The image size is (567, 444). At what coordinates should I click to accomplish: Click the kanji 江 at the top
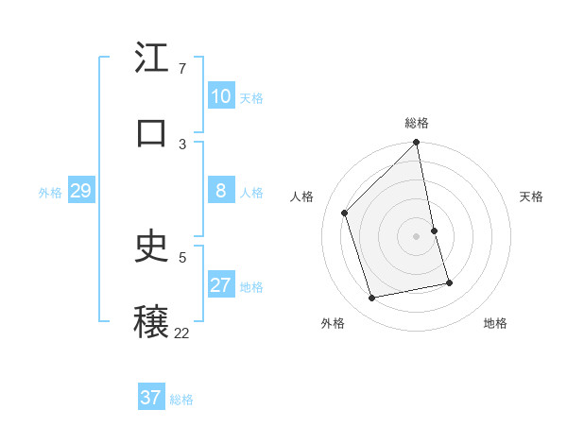click(x=152, y=59)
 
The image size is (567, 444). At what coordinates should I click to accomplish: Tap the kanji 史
click(x=152, y=247)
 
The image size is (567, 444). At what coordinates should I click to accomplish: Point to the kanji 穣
click(x=152, y=321)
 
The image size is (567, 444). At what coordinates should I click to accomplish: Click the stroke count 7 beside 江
click(x=182, y=69)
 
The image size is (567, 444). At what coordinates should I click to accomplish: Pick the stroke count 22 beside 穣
click(x=181, y=333)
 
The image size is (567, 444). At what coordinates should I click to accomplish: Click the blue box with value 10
click(x=221, y=96)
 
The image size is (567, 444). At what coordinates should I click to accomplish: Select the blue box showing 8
click(x=221, y=191)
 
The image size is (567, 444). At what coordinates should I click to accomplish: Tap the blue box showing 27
click(x=221, y=285)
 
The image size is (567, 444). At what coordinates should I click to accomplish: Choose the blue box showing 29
click(x=80, y=192)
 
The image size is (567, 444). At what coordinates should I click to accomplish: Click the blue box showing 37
click(x=151, y=398)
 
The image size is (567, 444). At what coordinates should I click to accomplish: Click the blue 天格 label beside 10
click(x=251, y=98)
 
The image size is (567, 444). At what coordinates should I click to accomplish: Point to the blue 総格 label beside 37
click(x=181, y=400)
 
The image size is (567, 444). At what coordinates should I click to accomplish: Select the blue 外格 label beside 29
click(x=50, y=193)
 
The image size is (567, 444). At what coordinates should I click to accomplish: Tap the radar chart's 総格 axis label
click(x=417, y=123)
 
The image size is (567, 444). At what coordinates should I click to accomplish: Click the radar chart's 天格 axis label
click(x=531, y=196)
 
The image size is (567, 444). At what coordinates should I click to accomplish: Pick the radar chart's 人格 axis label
click(x=302, y=196)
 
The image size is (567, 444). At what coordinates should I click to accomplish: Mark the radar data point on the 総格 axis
click(x=417, y=144)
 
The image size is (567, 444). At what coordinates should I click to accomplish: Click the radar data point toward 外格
click(x=372, y=298)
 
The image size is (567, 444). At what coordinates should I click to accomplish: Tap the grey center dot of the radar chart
click(x=417, y=236)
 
